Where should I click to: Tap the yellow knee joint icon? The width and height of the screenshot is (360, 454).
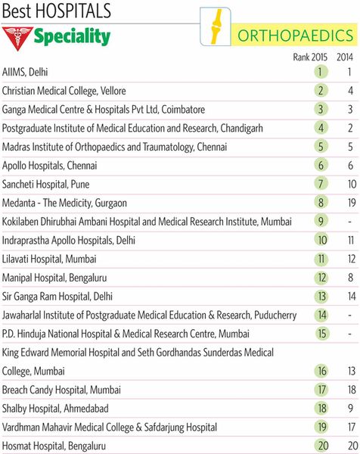[216, 26]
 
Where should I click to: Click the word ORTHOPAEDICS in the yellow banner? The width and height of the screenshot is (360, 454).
[295, 36]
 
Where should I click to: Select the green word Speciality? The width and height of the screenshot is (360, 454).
[72, 37]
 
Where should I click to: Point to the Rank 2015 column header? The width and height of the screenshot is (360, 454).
[310, 57]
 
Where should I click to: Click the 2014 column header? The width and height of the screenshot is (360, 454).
[345, 57]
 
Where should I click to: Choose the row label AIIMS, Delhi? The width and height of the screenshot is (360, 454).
[25, 72]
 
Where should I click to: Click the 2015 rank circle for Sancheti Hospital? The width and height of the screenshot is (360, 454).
[321, 184]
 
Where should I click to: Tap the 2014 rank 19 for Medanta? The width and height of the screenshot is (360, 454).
[352, 203]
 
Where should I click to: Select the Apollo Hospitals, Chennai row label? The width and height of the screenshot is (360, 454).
[49, 165]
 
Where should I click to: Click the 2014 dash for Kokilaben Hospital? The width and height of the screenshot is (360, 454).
[350, 222]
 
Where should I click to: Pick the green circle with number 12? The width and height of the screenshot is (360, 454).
[321, 278]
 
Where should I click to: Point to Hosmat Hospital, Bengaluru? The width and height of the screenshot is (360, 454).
[54, 446]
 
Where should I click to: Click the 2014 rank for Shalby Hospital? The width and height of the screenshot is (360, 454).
[350, 409]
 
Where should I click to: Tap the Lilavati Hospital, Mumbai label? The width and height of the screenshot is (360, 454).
[49, 259]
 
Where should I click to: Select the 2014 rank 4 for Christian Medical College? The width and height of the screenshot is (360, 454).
[350, 91]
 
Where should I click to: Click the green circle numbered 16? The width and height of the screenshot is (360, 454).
[321, 371]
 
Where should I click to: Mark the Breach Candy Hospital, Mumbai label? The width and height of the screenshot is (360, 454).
[61, 390]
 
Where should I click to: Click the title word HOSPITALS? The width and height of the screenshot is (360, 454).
[73, 11]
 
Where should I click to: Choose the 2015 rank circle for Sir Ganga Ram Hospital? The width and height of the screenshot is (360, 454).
[321, 296]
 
